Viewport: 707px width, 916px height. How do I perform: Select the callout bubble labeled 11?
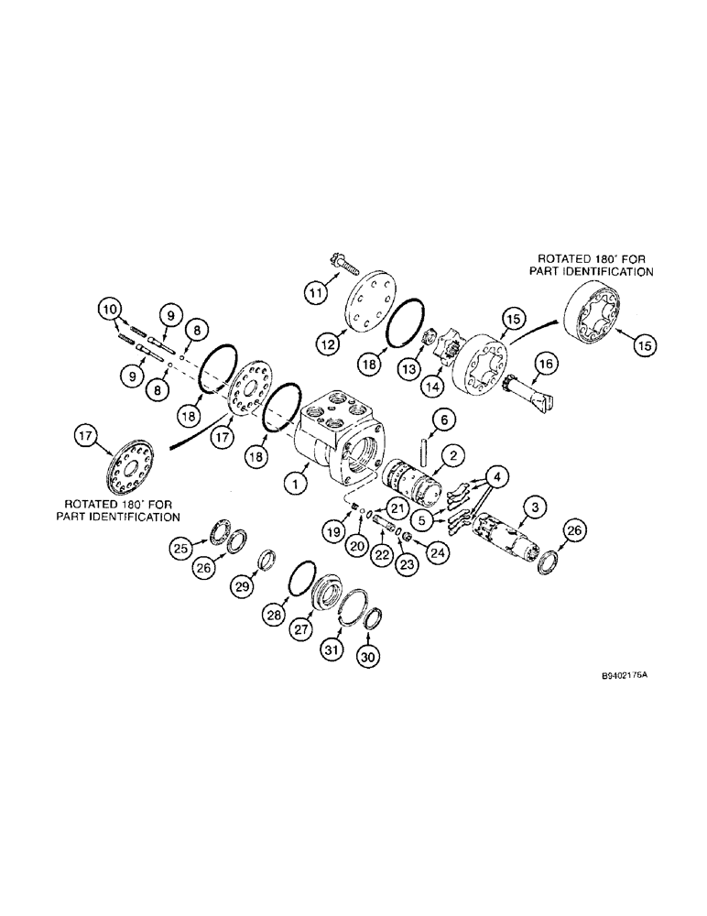(x=317, y=293)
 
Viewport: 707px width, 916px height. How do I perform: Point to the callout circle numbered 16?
(x=545, y=365)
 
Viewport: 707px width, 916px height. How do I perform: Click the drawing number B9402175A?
(x=624, y=675)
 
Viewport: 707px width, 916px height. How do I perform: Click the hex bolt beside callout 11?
(x=340, y=260)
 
